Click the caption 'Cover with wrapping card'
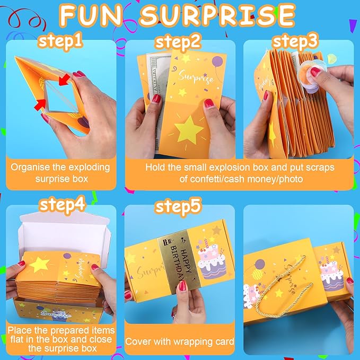[179, 342]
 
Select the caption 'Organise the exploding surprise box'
[61, 173]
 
